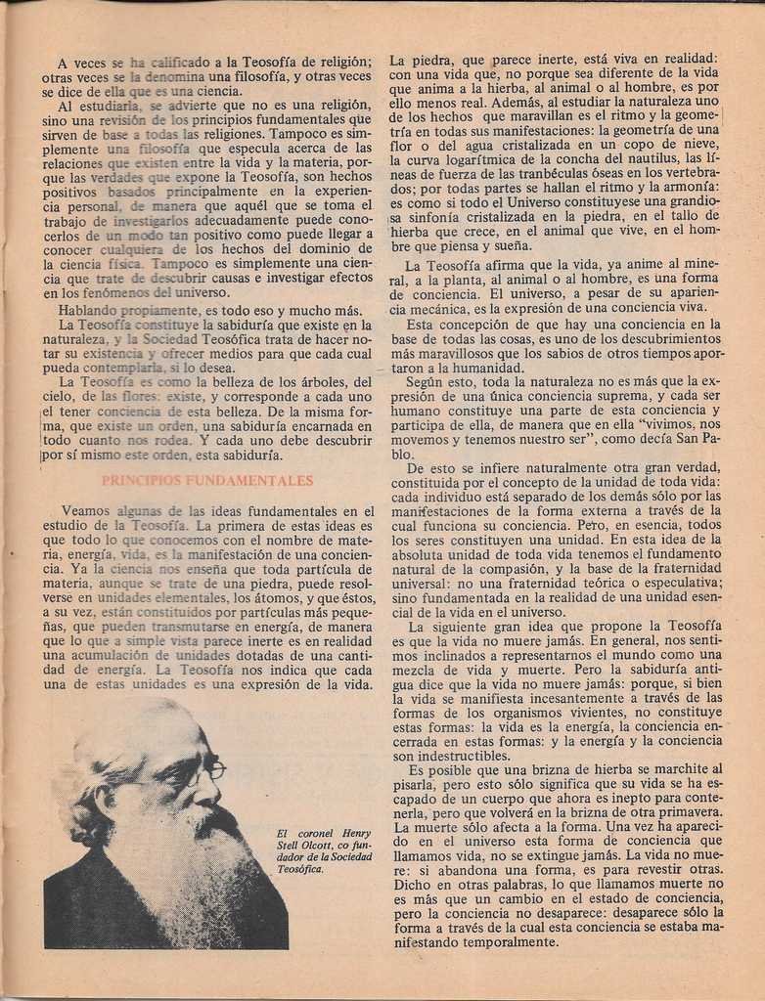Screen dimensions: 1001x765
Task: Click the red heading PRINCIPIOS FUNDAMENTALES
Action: (x=207, y=481)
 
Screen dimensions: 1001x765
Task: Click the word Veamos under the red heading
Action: (x=85, y=510)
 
